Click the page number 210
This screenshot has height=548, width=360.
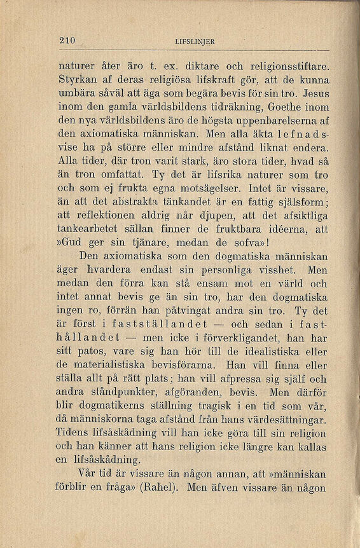tap(67, 41)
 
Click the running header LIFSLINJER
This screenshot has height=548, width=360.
tap(195, 42)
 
